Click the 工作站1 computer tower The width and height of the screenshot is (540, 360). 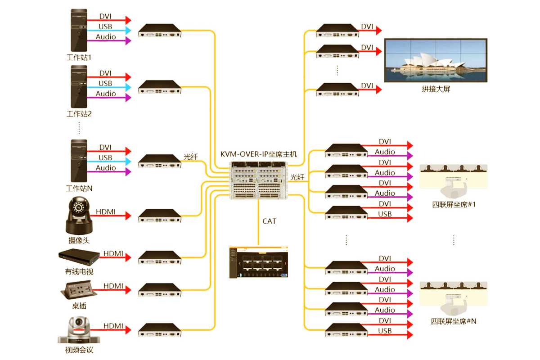79,31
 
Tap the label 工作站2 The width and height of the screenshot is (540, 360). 79,114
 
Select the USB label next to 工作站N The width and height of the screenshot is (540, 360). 105,157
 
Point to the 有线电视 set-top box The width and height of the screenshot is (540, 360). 79,256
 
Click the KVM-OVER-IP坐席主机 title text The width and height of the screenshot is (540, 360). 259,154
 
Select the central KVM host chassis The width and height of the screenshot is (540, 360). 258,180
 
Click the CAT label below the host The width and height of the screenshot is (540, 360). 269,221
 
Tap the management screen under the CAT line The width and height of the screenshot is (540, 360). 258,262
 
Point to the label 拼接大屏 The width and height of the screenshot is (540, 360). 436,89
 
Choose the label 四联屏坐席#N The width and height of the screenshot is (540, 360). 454,321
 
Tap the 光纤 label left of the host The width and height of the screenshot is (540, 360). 191,157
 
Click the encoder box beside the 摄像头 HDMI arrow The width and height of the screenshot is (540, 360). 159,216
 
